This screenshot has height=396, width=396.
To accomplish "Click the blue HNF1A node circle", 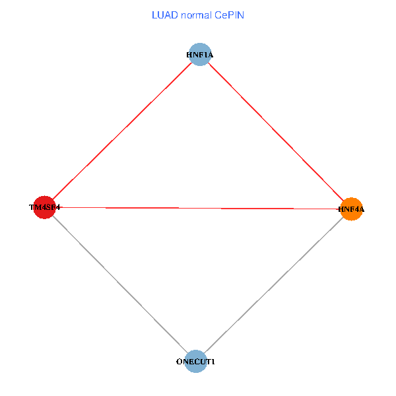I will pyautogui.click(x=199, y=54).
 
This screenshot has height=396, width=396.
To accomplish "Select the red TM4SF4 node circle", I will pyautogui.click(x=44, y=207).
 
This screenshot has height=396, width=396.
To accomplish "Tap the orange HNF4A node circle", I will pyautogui.click(x=351, y=210).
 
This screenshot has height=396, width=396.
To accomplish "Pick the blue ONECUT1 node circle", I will pyautogui.click(x=195, y=362).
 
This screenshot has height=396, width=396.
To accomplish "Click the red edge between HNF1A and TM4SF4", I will pyautogui.click(x=122, y=131).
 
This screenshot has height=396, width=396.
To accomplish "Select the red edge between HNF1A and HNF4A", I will pyautogui.click(x=275, y=132).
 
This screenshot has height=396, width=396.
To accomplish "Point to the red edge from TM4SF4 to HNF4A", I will pyautogui.click(x=198, y=209).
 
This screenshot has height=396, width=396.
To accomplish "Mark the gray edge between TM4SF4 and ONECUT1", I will pyautogui.click(x=119, y=284).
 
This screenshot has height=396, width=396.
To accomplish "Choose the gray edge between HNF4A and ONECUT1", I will pyautogui.click(x=273, y=286).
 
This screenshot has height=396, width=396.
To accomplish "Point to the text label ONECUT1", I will pyautogui.click(x=195, y=362).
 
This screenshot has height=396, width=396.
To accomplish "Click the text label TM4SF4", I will pyautogui.click(x=44, y=207).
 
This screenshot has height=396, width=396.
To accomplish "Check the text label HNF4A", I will pyautogui.click(x=351, y=210).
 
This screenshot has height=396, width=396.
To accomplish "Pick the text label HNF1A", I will pyautogui.click(x=199, y=54).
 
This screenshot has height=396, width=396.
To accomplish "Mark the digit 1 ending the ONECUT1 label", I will pyautogui.click(x=213, y=362).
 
